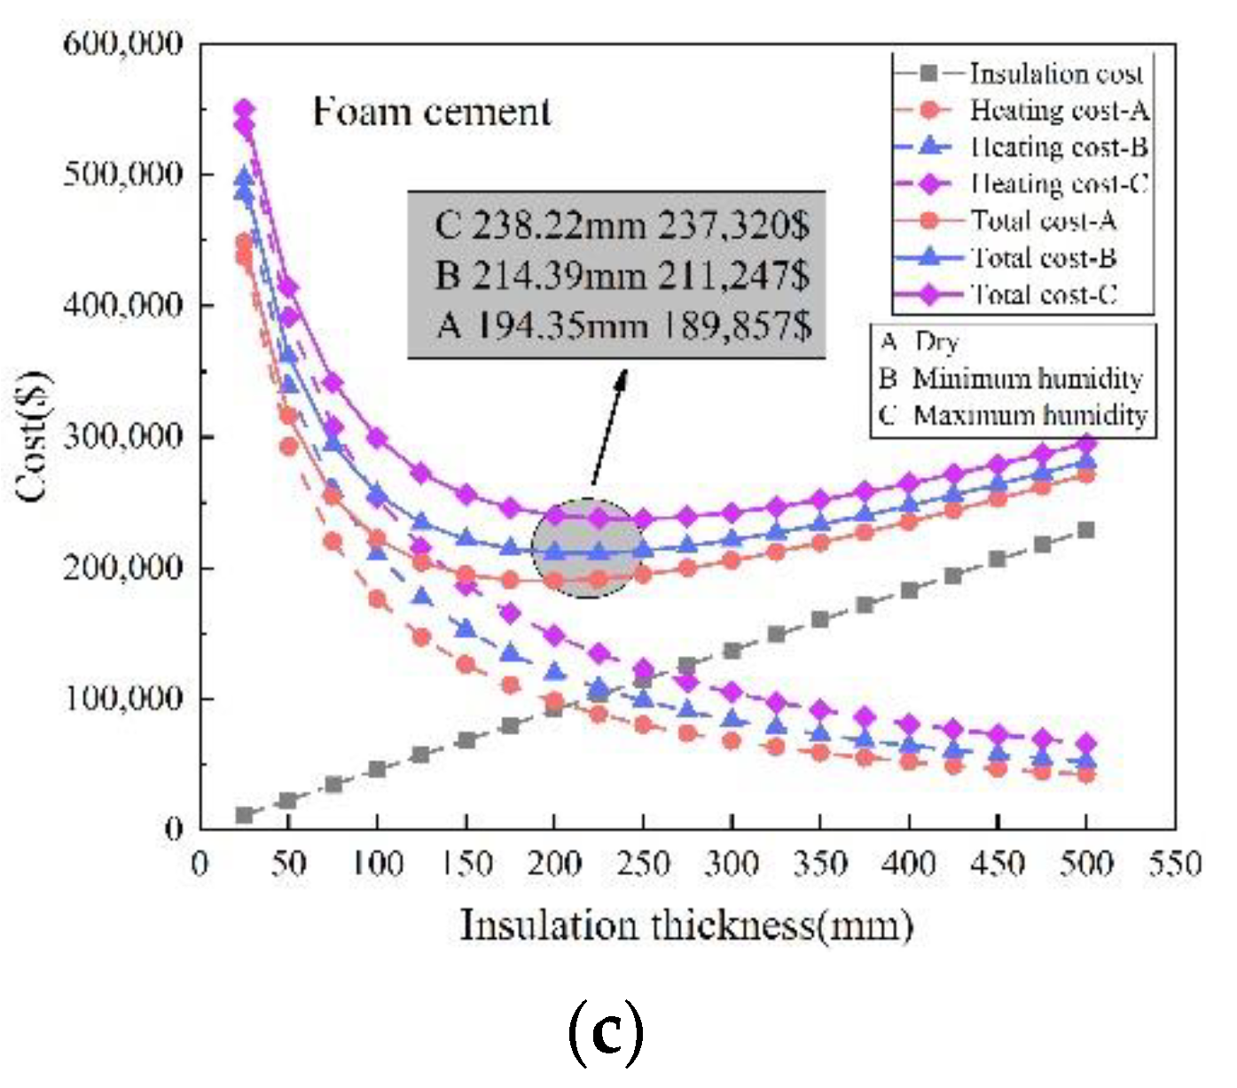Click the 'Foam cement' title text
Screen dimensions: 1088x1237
click(432, 112)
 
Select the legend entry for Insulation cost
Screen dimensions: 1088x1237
click(1056, 74)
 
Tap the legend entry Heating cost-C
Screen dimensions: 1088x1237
click(1059, 184)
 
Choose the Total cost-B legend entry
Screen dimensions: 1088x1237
click(1044, 257)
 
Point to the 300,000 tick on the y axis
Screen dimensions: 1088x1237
click(123, 436)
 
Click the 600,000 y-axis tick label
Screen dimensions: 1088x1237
click(123, 43)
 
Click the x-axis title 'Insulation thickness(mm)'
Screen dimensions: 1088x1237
click(686, 926)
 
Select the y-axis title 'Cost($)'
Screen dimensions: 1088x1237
click(33, 436)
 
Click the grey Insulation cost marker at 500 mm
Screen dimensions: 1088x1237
click(1085, 530)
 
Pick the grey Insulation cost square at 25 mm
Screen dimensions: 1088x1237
click(244, 815)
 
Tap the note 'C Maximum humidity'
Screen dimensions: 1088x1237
click(1014, 415)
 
